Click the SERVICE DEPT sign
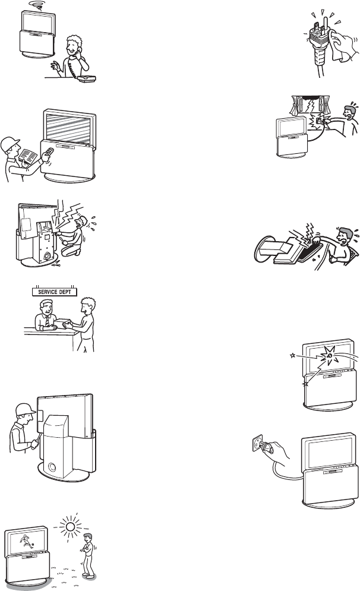tap(54, 292)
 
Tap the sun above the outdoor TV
tap(70, 525)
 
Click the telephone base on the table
tap(86, 78)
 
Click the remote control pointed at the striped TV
tap(48, 154)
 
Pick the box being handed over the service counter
tap(65, 323)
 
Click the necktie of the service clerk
tap(47, 322)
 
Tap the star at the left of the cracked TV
tap(292, 355)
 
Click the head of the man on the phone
tap(74, 46)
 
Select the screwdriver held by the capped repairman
tap(37, 440)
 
